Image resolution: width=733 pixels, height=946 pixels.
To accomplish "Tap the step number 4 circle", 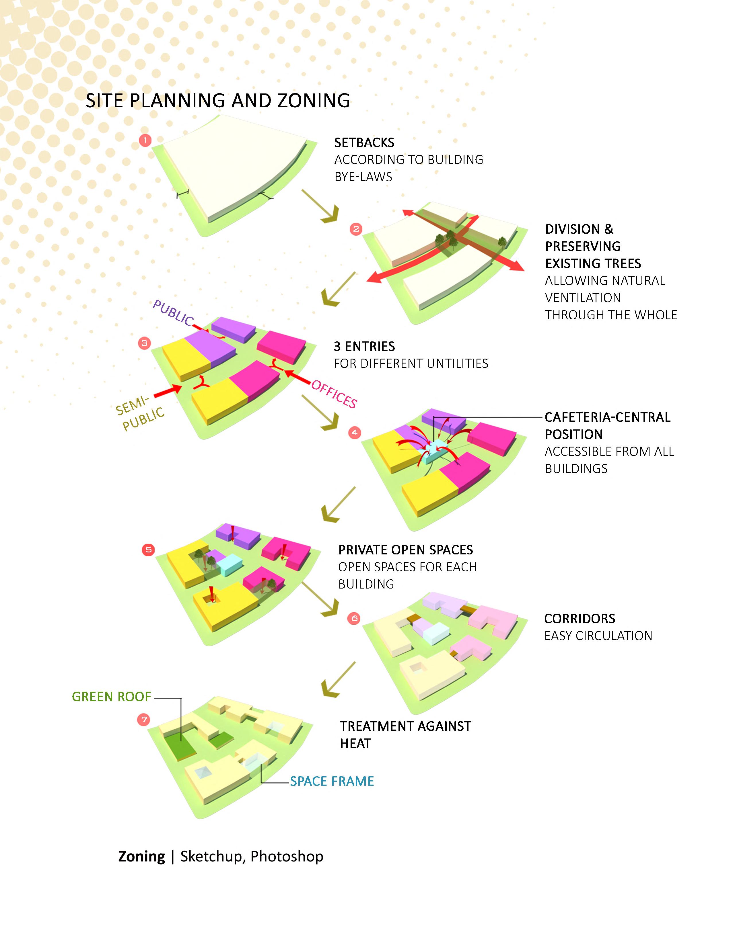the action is (355, 432).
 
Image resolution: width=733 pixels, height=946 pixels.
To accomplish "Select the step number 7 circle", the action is (143, 720).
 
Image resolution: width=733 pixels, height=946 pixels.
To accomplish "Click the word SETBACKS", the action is (364, 142).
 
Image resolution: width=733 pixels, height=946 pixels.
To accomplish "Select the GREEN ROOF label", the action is (111, 697).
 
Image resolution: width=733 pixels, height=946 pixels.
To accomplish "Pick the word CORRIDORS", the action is (580, 619).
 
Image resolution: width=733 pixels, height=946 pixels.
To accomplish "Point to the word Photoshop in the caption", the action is (287, 856).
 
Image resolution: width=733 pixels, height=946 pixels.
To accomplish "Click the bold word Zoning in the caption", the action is (142, 856).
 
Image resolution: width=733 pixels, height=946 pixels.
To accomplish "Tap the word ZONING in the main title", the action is (313, 101).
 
